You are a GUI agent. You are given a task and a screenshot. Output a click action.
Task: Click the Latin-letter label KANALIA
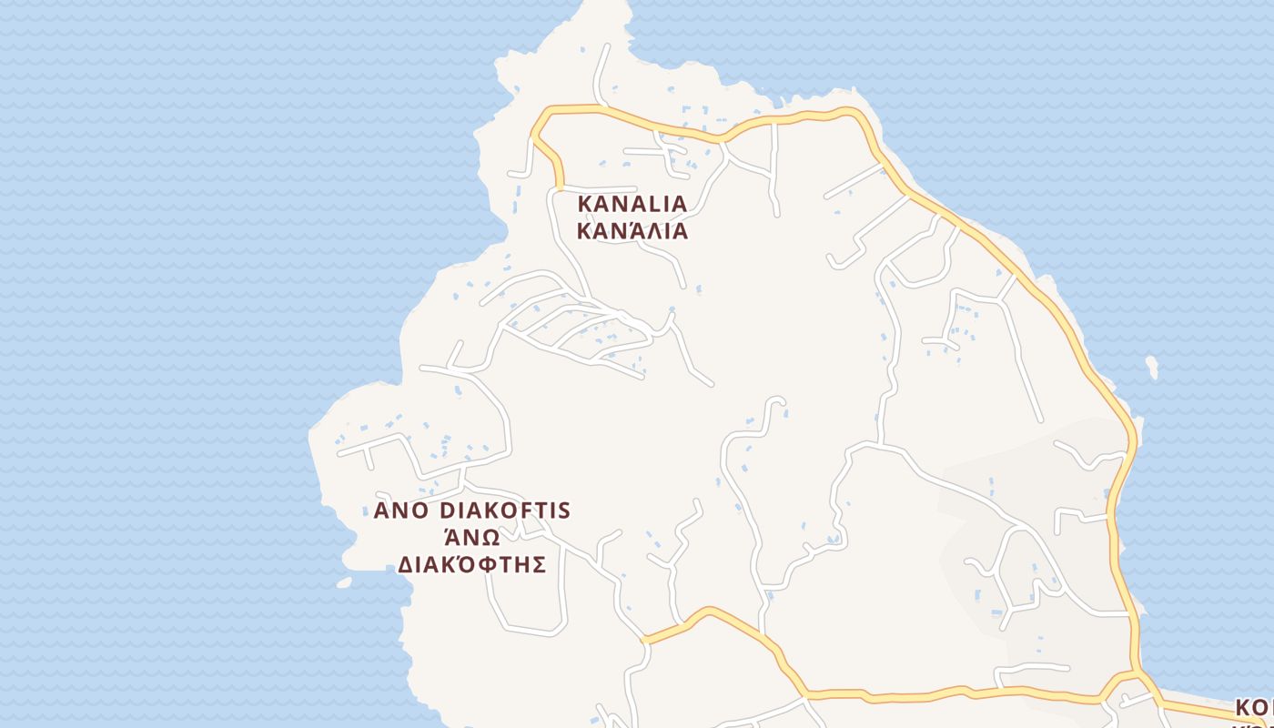(632, 203)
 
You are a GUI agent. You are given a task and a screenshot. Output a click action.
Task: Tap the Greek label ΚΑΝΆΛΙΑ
(632, 230)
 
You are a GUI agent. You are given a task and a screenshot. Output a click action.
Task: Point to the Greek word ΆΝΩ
(471, 537)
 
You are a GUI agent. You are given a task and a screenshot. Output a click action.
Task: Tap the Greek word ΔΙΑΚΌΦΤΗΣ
(471, 564)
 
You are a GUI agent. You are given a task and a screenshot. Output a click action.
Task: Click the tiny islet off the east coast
(1152, 367)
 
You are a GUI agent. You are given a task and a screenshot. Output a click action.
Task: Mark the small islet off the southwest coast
(343, 582)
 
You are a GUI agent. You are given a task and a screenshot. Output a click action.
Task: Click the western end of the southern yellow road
(645, 640)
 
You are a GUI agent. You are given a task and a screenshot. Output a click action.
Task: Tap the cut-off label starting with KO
(1254, 708)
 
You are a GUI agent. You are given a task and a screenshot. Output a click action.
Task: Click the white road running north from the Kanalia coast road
(601, 73)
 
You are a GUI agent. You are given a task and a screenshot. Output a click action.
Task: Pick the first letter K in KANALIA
(585, 203)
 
